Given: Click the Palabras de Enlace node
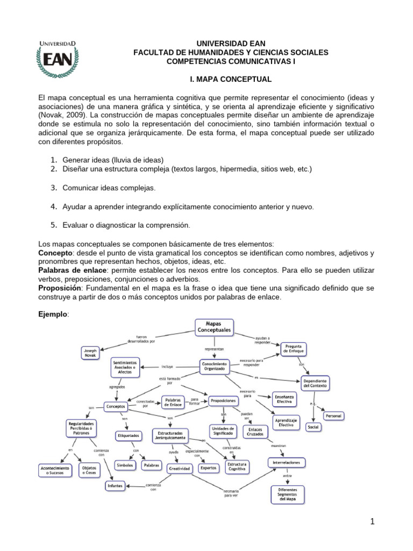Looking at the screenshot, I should [173, 402].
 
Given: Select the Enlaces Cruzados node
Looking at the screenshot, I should [256, 430].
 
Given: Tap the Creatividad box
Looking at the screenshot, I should [180, 469].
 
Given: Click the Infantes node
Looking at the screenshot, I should [115, 486].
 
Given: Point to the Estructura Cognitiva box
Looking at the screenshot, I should [237, 467].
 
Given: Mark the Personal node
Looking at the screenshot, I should [333, 416].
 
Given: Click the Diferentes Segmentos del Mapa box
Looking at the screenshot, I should [287, 494].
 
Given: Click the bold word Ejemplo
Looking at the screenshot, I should [52, 313].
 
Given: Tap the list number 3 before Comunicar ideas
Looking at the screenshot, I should [54, 188].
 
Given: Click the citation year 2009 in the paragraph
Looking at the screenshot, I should [76, 115].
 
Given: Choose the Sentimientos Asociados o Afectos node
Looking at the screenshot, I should [125, 367].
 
